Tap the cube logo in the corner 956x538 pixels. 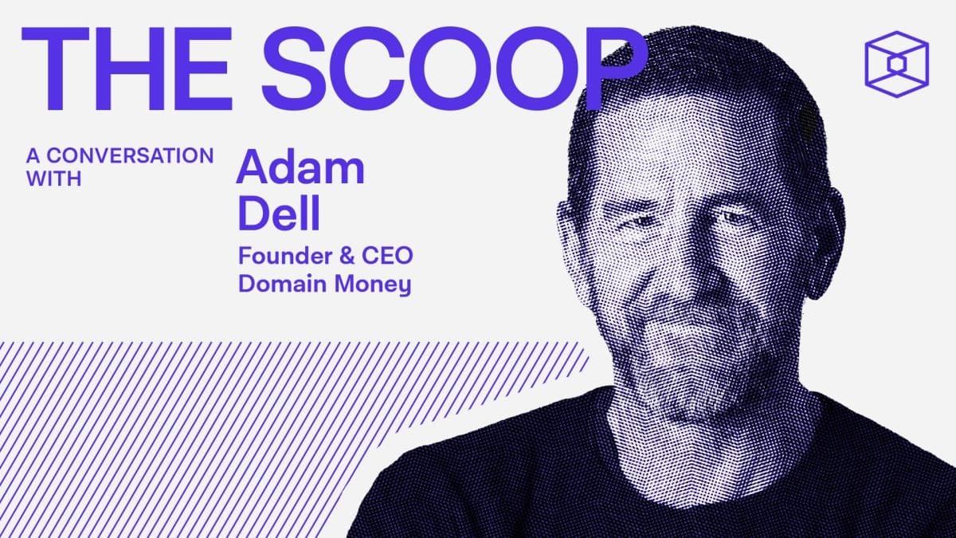pyautogui.click(x=896, y=64)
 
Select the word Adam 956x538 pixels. pyautogui.click(x=300, y=167)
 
